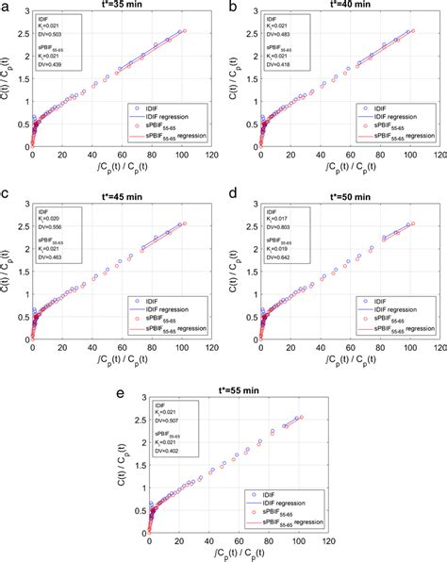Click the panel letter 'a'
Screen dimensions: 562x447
(x=6, y=7)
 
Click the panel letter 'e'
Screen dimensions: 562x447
(x=119, y=381)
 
